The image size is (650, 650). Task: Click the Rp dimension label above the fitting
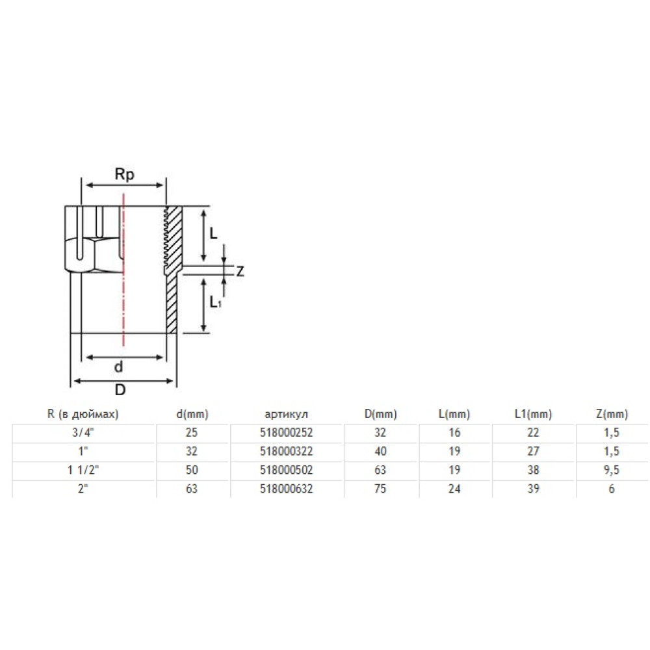(124, 174)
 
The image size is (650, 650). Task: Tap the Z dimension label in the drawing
(240, 272)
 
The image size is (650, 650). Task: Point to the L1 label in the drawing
(215, 302)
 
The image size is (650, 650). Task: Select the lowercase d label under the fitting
(118, 367)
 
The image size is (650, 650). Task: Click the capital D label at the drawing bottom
(120, 389)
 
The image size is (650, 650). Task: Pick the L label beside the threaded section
(213, 234)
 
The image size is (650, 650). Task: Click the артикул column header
(286, 413)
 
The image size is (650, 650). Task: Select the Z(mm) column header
(612, 413)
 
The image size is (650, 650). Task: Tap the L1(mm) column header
(533, 413)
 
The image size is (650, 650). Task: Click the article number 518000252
(286, 432)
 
